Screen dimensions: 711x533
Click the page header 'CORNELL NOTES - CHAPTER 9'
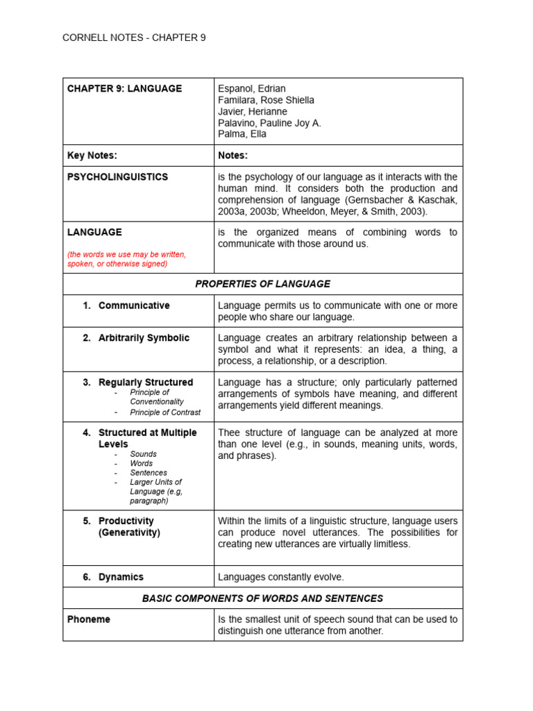click(134, 38)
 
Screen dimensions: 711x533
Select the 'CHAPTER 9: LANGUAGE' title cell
click(124, 89)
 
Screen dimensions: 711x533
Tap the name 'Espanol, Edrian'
click(251, 89)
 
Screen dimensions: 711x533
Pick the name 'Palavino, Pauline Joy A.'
click(269, 123)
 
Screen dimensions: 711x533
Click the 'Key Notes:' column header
click(92, 156)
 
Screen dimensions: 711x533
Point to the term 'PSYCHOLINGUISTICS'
click(117, 177)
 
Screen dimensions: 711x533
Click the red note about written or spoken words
click(126, 259)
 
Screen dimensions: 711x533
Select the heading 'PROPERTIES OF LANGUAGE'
click(262, 284)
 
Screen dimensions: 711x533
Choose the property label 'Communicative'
click(134, 306)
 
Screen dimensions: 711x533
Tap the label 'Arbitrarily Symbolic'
click(144, 338)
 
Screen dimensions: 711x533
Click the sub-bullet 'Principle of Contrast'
click(165, 412)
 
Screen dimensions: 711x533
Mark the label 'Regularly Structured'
click(146, 383)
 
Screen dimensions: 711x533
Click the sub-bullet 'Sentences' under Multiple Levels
click(149, 473)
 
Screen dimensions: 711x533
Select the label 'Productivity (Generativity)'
click(129, 527)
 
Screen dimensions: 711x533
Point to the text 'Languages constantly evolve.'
click(280, 577)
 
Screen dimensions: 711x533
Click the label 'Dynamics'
click(121, 577)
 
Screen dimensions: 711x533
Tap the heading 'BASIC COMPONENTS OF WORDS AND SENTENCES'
click(262, 599)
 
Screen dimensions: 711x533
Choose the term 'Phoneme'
click(88, 619)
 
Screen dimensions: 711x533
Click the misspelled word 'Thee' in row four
click(229, 433)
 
